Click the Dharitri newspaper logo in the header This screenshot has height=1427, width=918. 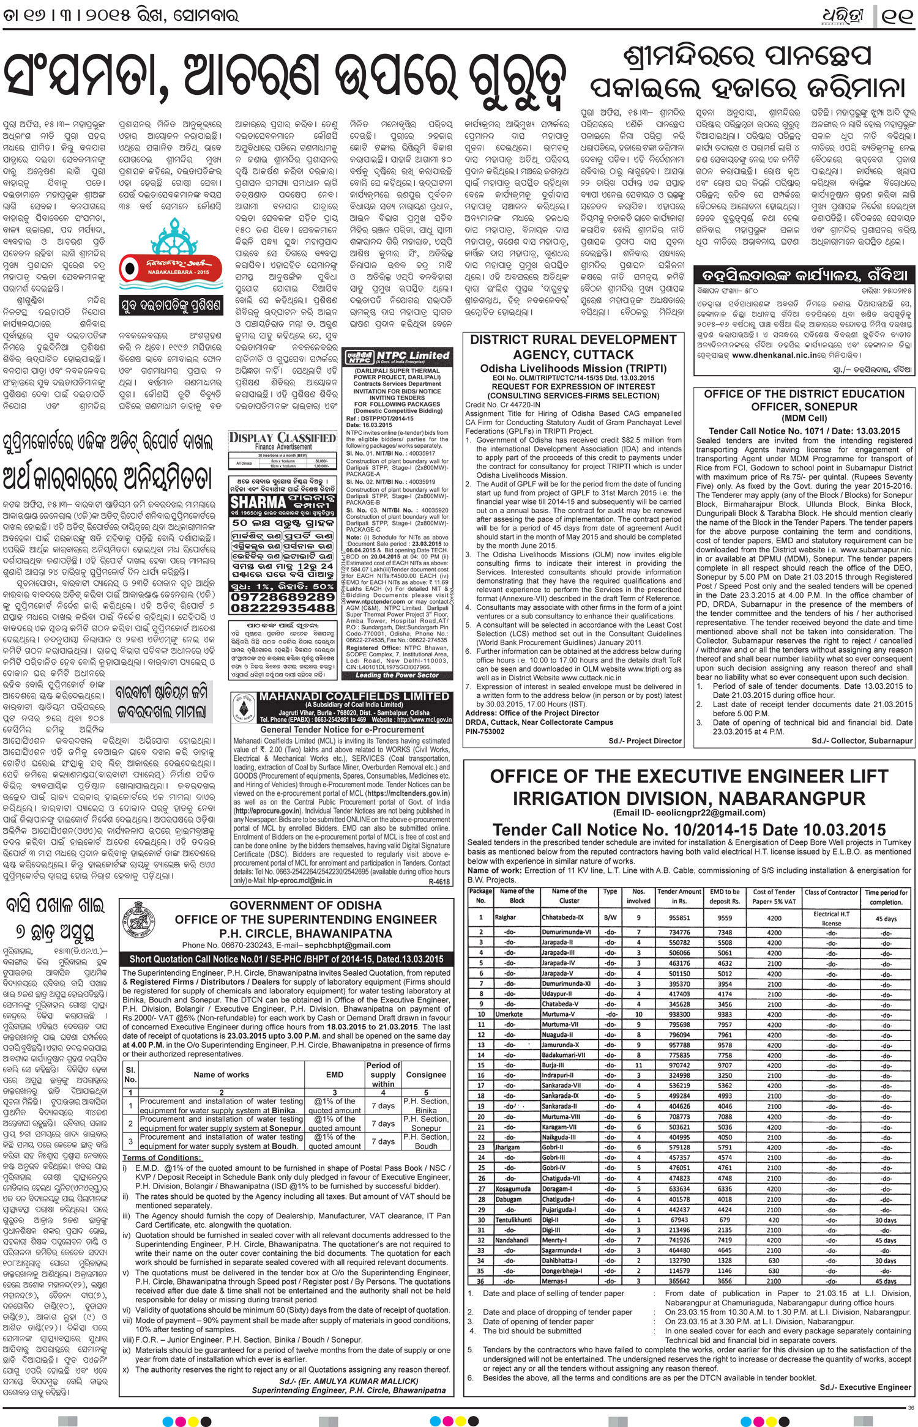coord(843,15)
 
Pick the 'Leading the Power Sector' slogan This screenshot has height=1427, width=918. coord(397,675)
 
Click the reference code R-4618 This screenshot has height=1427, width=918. coord(439,881)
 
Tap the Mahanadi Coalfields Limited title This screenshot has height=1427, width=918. coord(354,696)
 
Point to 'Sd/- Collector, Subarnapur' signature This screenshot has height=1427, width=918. coord(862,741)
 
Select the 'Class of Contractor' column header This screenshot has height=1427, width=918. coord(830,892)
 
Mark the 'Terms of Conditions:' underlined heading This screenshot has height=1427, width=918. coord(162,1157)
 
